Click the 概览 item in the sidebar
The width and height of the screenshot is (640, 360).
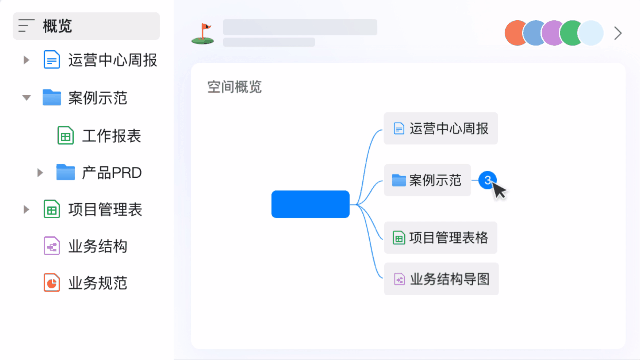point(57,26)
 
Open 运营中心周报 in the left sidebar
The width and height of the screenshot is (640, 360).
point(112,60)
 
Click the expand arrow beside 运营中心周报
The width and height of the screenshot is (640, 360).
point(26,60)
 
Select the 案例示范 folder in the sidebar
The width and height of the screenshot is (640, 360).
point(98,98)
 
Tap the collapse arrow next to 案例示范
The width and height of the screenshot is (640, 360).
point(26,98)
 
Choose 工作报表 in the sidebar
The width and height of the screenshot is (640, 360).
point(111,135)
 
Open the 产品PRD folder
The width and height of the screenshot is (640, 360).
point(111,172)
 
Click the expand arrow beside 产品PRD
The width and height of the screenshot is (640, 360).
point(40,172)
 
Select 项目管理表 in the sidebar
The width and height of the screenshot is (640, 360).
point(105,209)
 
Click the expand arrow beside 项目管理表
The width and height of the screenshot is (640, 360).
point(26,209)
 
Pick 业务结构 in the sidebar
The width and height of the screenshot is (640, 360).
point(98,246)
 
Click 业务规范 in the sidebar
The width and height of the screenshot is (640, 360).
point(98,283)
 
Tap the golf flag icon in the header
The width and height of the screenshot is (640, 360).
point(202,34)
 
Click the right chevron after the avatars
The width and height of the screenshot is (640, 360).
point(618,33)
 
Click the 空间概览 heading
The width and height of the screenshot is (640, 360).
point(234,87)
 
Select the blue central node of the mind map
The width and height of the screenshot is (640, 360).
point(310,204)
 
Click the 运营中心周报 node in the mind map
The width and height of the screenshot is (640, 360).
point(441,129)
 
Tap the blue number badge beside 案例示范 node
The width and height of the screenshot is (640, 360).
point(487,181)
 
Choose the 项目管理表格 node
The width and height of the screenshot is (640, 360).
point(441,238)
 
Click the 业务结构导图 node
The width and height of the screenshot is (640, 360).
point(441,278)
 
